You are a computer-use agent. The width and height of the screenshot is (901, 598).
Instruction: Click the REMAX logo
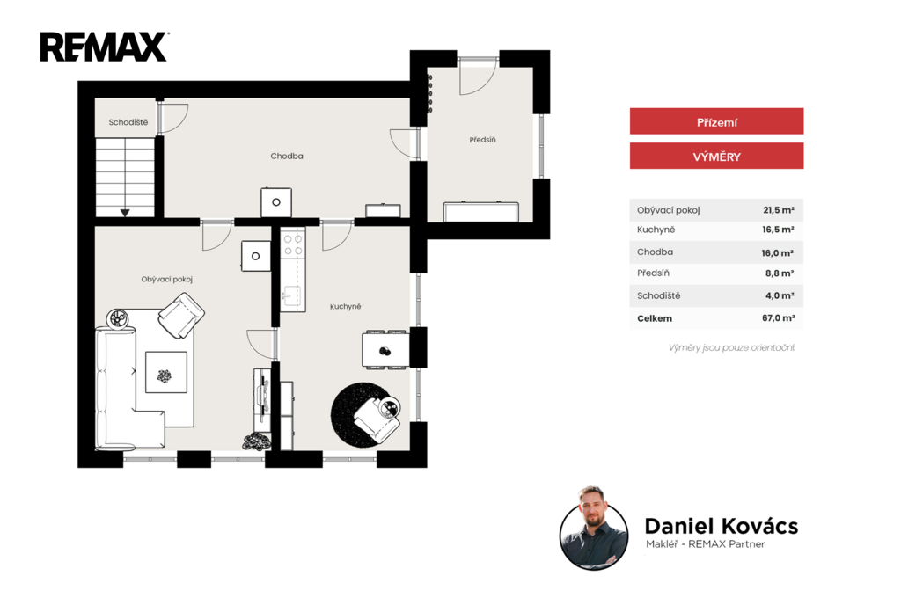click(104, 47)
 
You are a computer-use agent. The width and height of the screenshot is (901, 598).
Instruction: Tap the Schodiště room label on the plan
click(128, 122)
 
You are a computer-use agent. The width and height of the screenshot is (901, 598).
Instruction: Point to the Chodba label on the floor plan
click(287, 156)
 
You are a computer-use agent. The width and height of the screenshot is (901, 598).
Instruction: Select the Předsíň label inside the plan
click(483, 140)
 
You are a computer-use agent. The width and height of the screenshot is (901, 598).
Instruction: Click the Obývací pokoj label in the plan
click(166, 279)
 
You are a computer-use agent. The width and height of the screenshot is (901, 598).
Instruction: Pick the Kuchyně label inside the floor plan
click(345, 307)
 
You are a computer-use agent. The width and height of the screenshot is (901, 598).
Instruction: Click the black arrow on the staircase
click(125, 213)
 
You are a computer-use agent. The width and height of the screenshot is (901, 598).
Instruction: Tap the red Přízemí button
click(716, 121)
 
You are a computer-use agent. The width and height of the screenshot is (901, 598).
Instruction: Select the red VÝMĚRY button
click(716, 156)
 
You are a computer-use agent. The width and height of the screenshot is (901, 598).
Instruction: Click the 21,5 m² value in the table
click(779, 210)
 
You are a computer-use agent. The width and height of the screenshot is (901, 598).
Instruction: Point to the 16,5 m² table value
click(778, 230)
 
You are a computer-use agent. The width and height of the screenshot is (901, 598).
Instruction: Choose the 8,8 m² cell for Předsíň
click(780, 273)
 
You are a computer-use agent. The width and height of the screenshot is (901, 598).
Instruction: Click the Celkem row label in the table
click(655, 318)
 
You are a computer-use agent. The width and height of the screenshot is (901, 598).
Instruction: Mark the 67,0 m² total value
click(779, 317)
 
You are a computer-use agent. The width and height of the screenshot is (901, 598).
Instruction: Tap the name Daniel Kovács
click(722, 526)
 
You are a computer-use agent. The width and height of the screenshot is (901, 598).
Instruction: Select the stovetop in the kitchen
click(292, 244)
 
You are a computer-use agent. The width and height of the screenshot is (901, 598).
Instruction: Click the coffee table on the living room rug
click(166, 372)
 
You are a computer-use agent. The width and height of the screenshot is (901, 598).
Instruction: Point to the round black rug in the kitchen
click(362, 415)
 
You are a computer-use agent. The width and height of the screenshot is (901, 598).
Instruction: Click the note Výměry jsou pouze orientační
click(731, 347)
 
